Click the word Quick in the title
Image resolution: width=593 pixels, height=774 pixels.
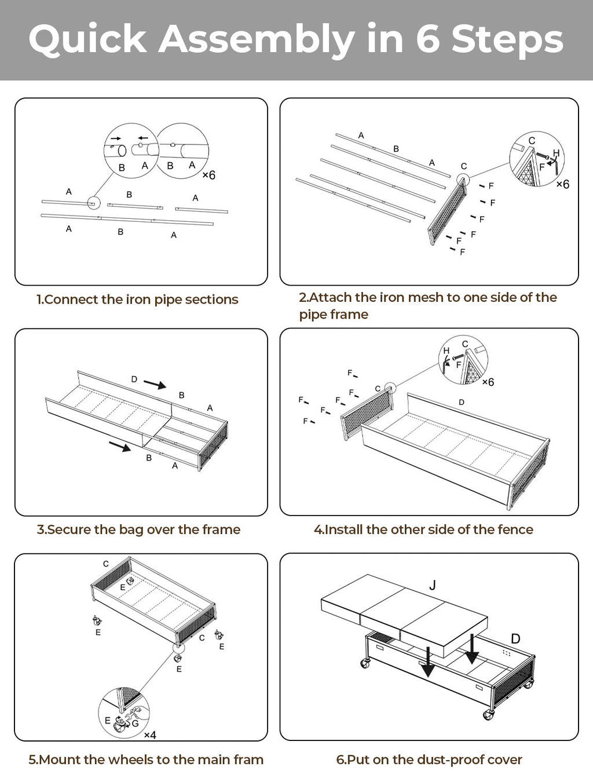point(87,39)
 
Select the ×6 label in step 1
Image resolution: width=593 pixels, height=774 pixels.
point(208,175)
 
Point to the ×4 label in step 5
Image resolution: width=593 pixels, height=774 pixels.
point(150,735)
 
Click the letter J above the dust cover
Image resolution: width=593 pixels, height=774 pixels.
point(433,585)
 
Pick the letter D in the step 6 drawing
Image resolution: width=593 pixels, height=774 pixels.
point(515,638)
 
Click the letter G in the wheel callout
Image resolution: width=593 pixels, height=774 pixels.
point(136,723)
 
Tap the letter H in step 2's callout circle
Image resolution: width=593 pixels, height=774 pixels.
point(556,153)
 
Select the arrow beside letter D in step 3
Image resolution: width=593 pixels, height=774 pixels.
point(155,384)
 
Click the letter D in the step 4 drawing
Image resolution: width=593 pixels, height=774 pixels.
point(462,402)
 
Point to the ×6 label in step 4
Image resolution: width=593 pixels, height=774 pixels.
point(488,382)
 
